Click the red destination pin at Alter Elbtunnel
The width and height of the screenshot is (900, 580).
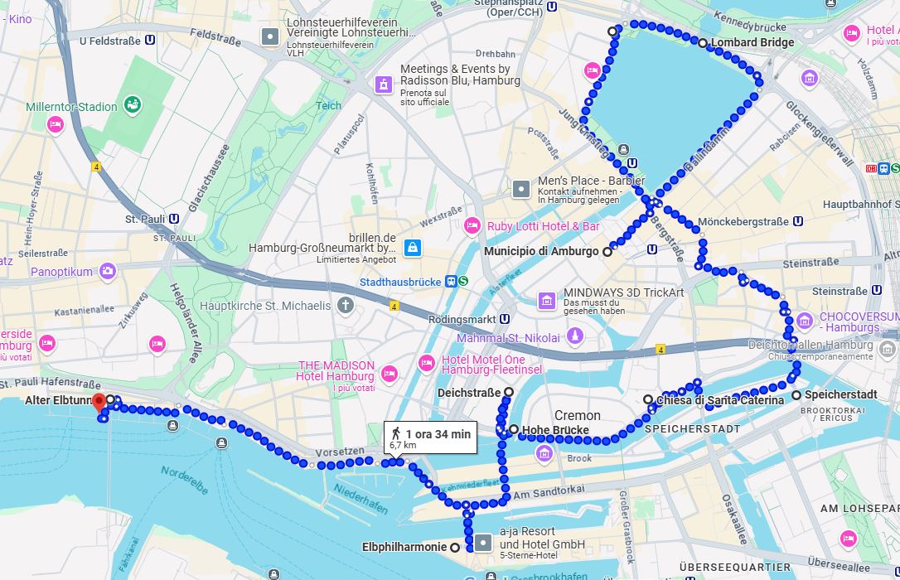(x=99, y=403)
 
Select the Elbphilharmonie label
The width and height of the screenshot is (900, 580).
(x=404, y=547)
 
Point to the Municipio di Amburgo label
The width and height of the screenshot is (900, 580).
(x=540, y=251)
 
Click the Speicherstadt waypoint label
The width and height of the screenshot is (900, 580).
(x=840, y=395)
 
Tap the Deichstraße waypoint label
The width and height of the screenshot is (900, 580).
(x=469, y=392)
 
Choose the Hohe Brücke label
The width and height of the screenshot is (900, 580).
(x=554, y=430)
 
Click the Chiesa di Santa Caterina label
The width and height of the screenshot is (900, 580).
(x=719, y=400)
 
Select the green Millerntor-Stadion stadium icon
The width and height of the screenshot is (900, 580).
(x=132, y=104)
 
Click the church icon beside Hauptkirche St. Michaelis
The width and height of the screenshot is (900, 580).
(x=346, y=306)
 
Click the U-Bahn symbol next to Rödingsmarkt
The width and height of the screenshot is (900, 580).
(x=504, y=319)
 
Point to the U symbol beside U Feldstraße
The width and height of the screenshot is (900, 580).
(x=150, y=39)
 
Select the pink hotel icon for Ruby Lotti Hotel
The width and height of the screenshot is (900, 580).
(x=472, y=225)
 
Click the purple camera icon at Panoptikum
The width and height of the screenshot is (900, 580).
(x=107, y=271)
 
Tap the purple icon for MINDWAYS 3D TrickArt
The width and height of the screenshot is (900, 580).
(x=547, y=300)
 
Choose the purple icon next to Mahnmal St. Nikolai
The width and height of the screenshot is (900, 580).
(x=575, y=336)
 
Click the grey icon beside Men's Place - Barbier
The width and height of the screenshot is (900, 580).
(x=520, y=189)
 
